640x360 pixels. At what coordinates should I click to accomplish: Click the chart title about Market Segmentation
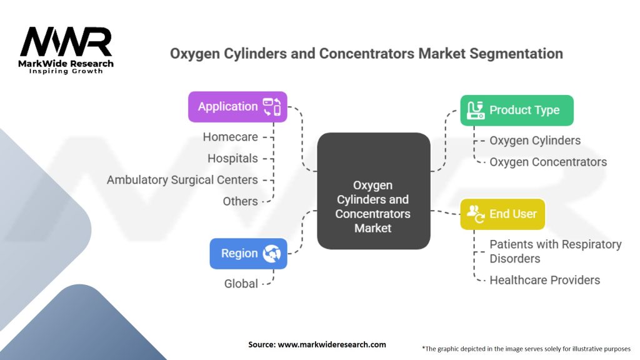click(x=366, y=54)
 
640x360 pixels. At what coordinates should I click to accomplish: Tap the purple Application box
click(x=237, y=107)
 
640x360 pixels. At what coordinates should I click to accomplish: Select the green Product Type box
click(x=516, y=111)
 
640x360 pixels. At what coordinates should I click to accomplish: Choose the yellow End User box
click(x=502, y=214)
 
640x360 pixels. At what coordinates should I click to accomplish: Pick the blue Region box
click(x=248, y=254)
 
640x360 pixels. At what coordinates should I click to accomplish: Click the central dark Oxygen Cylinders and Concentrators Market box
click(x=373, y=206)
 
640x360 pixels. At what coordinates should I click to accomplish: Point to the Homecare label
click(x=230, y=137)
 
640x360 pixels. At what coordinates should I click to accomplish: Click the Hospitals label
click(x=232, y=158)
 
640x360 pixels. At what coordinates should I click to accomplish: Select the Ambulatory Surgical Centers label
click(x=182, y=180)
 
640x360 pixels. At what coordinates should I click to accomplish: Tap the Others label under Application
click(x=240, y=201)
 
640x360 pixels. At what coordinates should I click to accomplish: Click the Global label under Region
click(x=241, y=284)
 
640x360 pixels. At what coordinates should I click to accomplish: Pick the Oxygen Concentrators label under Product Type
click(x=547, y=162)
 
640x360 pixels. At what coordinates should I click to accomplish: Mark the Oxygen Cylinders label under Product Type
click(x=535, y=141)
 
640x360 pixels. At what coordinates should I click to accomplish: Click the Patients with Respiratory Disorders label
click(x=555, y=251)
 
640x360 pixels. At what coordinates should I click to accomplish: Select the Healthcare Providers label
click(x=544, y=280)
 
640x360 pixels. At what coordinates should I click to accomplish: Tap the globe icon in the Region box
click(x=272, y=254)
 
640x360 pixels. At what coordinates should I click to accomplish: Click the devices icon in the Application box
click(x=272, y=107)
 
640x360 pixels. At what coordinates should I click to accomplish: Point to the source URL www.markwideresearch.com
click(x=317, y=344)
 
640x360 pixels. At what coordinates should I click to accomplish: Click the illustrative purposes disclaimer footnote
click(x=526, y=348)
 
